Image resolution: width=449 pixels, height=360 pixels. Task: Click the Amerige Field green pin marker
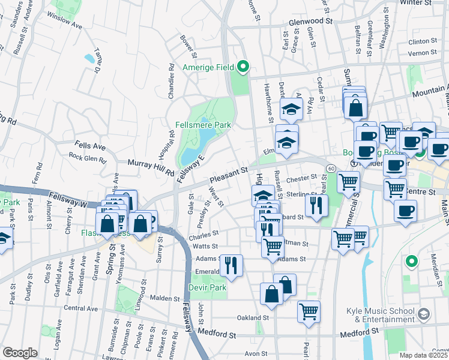coord(243,67)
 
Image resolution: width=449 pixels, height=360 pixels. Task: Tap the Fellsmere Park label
coord(203,125)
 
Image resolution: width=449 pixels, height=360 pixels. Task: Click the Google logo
coord(20,353)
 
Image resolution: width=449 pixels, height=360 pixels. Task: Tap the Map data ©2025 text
coord(423,355)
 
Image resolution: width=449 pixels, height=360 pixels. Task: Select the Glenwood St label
coord(310,20)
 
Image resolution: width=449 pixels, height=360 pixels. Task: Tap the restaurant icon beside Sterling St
coord(315,205)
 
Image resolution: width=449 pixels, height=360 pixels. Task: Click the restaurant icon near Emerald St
coord(231,264)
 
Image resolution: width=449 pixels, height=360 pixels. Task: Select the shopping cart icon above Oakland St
coord(309,311)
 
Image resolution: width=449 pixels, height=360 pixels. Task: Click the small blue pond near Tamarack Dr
coord(89,58)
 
